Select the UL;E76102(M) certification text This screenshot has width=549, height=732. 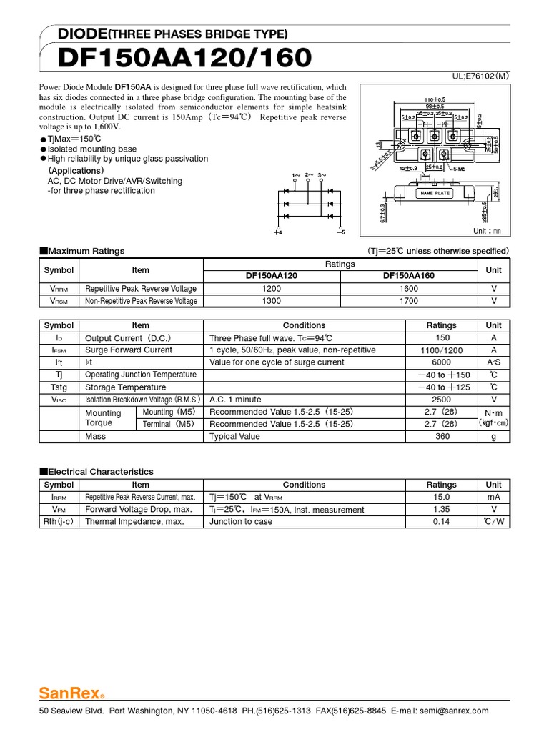pyautogui.click(x=480, y=75)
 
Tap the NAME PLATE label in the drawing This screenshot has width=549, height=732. pyautogui.click(x=435, y=193)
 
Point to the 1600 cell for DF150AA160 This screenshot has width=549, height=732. pyautogui.click(x=410, y=288)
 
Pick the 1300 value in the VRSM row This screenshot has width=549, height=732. pyautogui.click(x=272, y=301)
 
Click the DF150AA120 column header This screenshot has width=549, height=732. pyautogui.click(x=272, y=275)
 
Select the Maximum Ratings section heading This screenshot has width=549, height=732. pyautogui.click(x=82, y=251)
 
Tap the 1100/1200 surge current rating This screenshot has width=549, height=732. pyautogui.click(x=442, y=350)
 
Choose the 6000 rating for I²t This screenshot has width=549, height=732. pyautogui.click(x=442, y=362)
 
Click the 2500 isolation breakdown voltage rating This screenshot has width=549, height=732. pyautogui.click(x=442, y=400)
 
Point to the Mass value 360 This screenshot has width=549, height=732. pyautogui.click(x=442, y=436)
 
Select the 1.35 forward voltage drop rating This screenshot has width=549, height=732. pyautogui.click(x=441, y=510)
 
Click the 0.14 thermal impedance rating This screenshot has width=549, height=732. pyautogui.click(x=441, y=522)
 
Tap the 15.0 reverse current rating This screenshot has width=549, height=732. pyautogui.click(x=441, y=497)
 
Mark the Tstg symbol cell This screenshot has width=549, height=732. pyautogui.click(x=59, y=387)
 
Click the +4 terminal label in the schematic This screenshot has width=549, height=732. pyautogui.click(x=278, y=232)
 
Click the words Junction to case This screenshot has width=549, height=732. pyautogui.click(x=241, y=522)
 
